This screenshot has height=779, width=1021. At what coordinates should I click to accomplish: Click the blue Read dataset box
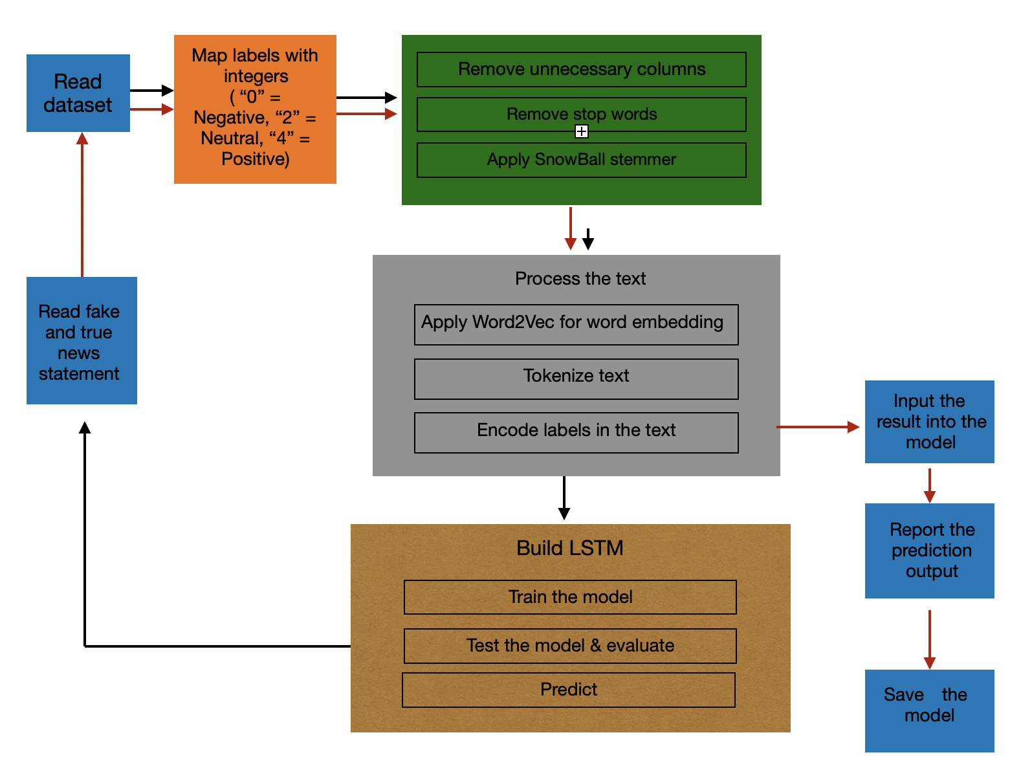(78, 93)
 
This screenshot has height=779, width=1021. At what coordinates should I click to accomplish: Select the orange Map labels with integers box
(255, 109)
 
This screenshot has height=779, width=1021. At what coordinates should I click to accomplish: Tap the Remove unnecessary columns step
(581, 69)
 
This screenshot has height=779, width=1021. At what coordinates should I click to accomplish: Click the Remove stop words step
(581, 115)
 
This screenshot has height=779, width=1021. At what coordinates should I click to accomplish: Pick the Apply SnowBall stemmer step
(581, 160)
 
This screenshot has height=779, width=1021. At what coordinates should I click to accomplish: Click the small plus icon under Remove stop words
(582, 132)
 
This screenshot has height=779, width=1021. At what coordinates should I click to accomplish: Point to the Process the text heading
(580, 279)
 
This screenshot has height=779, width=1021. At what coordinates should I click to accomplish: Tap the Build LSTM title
(569, 548)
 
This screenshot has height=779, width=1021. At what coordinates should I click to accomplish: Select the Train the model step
(570, 597)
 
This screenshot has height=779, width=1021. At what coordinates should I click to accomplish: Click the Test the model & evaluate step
(570, 646)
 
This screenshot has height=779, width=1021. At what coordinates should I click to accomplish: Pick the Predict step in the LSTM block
(568, 690)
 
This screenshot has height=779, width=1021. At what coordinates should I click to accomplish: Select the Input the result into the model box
(929, 421)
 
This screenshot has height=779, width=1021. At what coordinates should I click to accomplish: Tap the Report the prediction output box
(929, 551)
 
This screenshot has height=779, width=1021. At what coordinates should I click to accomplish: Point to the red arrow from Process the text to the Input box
(817, 427)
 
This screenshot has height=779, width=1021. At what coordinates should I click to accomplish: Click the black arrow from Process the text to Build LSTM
(564, 497)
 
